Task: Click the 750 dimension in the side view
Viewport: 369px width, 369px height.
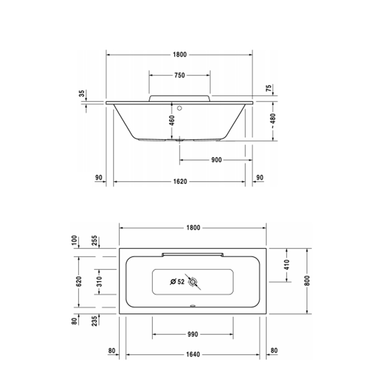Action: pyautogui.click(x=179, y=75)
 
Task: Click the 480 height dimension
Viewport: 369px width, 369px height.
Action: pyautogui.click(x=273, y=120)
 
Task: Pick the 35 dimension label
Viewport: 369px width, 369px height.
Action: pyautogui.click(x=82, y=93)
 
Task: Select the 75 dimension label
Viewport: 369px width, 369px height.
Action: pyautogui.click(x=268, y=89)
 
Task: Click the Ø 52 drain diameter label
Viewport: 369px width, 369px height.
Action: pyautogui.click(x=177, y=282)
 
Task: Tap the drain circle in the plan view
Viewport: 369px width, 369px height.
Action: pyautogui.click(x=194, y=283)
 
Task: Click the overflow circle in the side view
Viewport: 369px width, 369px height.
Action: pyautogui.click(x=179, y=109)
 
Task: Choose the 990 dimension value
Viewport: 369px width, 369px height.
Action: pyautogui.click(x=192, y=334)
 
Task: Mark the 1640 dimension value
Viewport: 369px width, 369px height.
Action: pyautogui.click(x=193, y=354)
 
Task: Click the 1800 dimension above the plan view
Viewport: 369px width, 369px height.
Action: pyautogui.click(x=193, y=228)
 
